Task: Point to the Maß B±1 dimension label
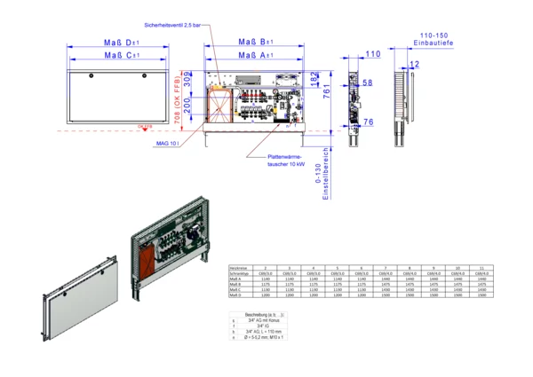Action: pos(257,43)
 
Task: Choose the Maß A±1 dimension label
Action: pos(257,55)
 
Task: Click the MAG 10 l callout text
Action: pos(168,142)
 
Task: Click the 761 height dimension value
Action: pos(327,91)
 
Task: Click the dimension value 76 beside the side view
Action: pos(368,122)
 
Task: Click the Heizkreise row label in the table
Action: pos(236,266)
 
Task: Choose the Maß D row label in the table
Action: pos(235,295)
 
